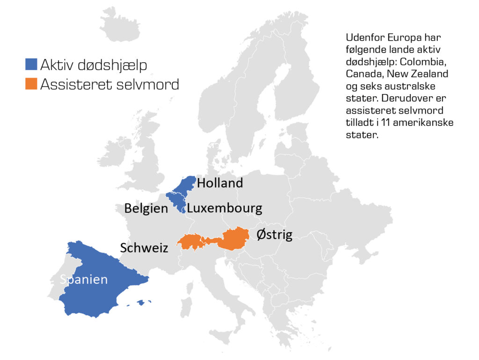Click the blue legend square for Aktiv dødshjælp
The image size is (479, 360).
31,65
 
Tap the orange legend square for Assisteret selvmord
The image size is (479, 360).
31,84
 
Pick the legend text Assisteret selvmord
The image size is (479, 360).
110,84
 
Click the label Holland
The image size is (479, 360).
220,183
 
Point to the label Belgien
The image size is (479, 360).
145,209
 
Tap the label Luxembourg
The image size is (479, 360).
225,208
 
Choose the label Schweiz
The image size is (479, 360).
144,248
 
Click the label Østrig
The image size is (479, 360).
275,234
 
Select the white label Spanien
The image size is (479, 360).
84,280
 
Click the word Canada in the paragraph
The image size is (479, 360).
362,74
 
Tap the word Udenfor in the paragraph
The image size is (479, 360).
363,37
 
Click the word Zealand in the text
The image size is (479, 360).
430,74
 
